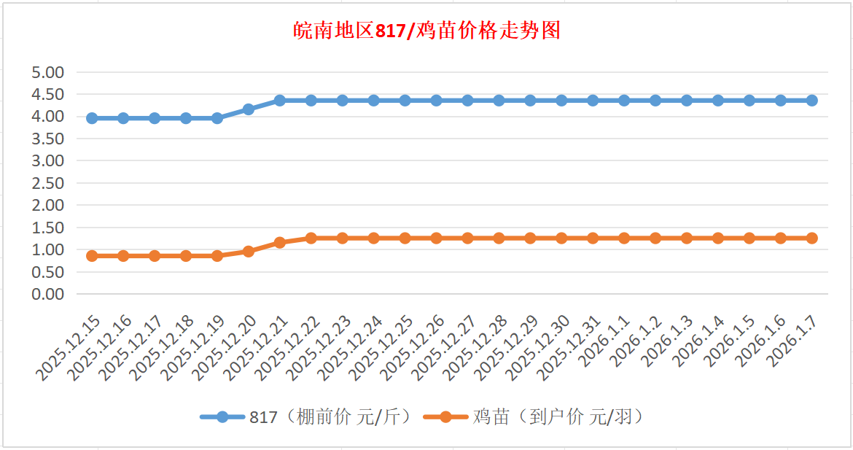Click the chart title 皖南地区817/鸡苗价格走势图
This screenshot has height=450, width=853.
tap(426, 31)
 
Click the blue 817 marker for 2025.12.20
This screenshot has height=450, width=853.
tap(249, 109)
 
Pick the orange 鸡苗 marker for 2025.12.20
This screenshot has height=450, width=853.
tap(249, 252)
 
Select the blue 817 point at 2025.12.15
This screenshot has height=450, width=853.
tap(92, 118)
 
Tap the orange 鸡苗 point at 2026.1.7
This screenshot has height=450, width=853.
tap(812, 238)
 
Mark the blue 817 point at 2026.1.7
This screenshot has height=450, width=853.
tap(812, 101)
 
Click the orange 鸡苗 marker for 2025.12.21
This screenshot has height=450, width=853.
tap(280, 242)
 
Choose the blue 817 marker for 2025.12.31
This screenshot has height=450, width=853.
tap(593, 101)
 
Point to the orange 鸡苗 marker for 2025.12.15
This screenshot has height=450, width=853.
tap(92, 256)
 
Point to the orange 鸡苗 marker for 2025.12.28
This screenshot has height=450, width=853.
tap(499, 238)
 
